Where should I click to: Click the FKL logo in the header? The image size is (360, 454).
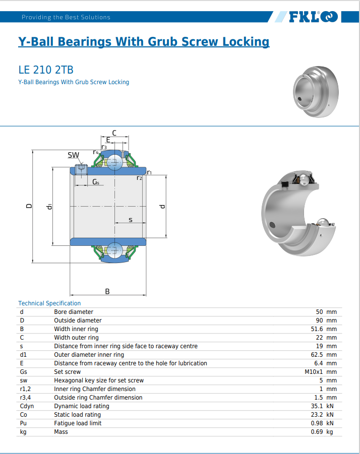(313, 17)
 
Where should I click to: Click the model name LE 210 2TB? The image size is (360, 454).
(46, 70)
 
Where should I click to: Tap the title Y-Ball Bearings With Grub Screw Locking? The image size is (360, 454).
(144, 41)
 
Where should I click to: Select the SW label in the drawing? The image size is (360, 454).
(73, 155)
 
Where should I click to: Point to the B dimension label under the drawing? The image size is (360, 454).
(107, 291)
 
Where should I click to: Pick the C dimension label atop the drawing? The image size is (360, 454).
(114, 133)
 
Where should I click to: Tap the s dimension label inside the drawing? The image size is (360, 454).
(131, 220)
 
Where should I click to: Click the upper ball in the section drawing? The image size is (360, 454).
(114, 162)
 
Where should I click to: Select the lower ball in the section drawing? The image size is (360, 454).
(114, 250)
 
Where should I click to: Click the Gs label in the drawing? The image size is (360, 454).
(96, 182)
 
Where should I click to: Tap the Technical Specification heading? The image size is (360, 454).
(49, 303)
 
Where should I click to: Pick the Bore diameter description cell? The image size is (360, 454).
(74, 312)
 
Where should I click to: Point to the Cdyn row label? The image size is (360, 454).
(27, 406)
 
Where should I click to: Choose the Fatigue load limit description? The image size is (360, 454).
(78, 423)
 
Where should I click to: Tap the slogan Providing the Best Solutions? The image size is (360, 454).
(66, 17)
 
